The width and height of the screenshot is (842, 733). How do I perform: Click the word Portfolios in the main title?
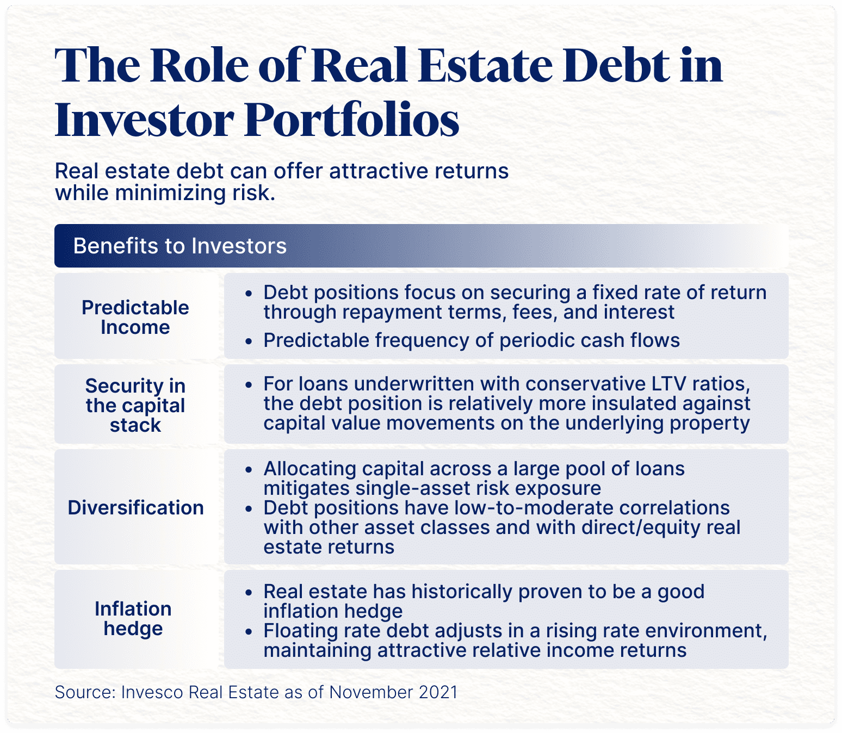[x=352, y=119]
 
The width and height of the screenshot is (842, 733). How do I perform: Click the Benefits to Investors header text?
[x=180, y=246]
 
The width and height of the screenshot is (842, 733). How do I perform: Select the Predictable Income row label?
[x=135, y=318]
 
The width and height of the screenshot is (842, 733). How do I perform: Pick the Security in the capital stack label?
[x=135, y=405]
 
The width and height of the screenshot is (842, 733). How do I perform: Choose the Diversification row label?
[x=136, y=507]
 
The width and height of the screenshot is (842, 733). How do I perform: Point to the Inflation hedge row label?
[x=133, y=619]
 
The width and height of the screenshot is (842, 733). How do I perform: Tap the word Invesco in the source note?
[x=152, y=692]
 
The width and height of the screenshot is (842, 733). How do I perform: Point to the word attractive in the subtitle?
[x=377, y=171]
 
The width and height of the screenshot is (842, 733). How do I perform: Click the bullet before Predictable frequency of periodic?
[x=248, y=341]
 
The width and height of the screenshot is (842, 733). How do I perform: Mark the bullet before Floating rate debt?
[x=248, y=632]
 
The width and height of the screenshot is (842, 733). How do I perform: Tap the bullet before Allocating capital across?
[x=248, y=470]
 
